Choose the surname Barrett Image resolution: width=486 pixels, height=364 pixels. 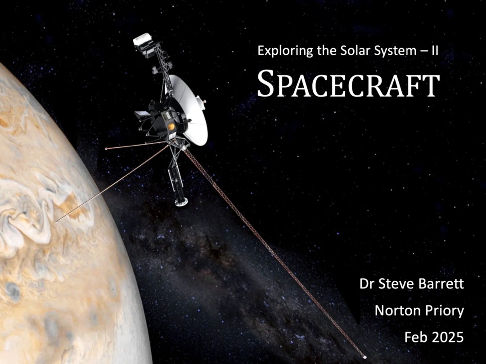click(x=438, y=284)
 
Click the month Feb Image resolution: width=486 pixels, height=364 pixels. click(x=415, y=337)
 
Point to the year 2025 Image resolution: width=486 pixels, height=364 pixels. click(x=447, y=337)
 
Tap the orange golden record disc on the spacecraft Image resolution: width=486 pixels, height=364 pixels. click(x=171, y=126)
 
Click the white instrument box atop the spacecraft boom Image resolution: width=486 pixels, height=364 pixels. click(x=143, y=39)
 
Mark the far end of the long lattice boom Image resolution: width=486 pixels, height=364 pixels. click(x=365, y=357)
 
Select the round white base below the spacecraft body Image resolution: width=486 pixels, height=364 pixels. click(x=181, y=202)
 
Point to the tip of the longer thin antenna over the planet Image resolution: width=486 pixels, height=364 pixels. click(x=56, y=221)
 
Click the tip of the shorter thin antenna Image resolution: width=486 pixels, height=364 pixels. click(x=106, y=149)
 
